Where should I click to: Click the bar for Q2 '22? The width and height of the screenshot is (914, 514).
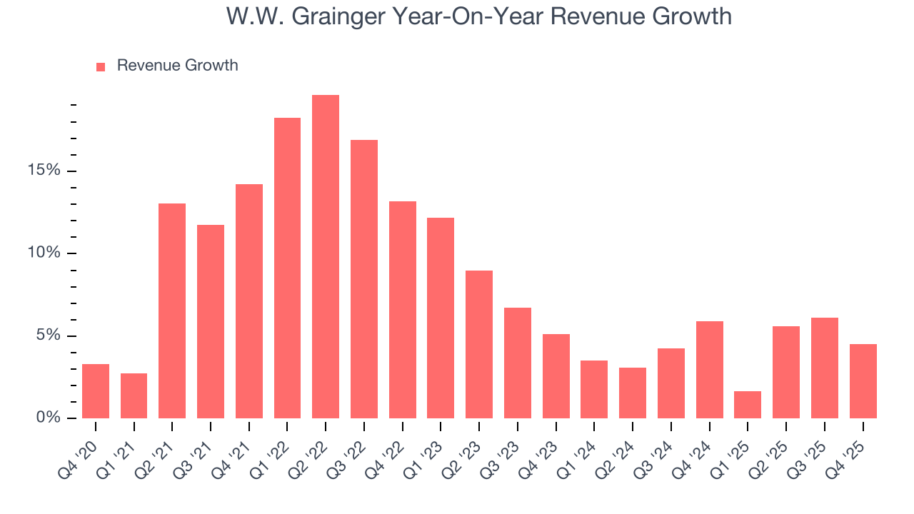(x=326, y=256)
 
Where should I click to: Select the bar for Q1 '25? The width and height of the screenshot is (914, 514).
(x=748, y=405)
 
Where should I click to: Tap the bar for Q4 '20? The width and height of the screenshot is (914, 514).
(x=96, y=391)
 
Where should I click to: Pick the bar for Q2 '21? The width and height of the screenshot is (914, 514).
(x=172, y=311)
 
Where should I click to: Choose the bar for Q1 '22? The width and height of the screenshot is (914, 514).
(x=287, y=268)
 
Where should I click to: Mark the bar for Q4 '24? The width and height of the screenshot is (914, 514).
(x=709, y=370)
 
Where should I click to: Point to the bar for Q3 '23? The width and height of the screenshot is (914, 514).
(x=518, y=363)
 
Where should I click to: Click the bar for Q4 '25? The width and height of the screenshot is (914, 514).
(x=863, y=381)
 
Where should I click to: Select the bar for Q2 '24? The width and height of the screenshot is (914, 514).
(x=633, y=393)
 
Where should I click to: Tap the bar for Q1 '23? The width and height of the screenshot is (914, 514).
(x=441, y=318)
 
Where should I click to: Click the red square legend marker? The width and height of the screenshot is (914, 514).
(x=101, y=66)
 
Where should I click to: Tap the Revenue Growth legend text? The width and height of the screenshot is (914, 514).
(x=177, y=66)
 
